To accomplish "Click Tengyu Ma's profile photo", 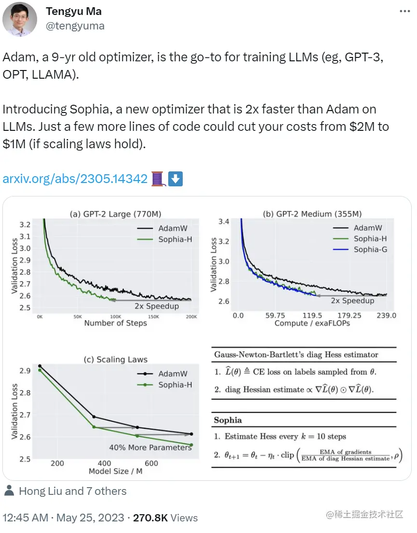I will [x=20, y=19].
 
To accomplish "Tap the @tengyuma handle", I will [x=75, y=26].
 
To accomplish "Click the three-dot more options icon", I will [x=405, y=11].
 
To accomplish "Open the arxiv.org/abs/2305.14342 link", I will [x=75, y=179].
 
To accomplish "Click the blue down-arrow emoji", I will [x=175, y=179].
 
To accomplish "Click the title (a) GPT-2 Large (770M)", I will [x=115, y=213].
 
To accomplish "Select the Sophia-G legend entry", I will [x=370, y=249].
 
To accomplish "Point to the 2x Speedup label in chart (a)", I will [x=157, y=306].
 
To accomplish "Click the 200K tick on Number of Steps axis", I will [x=191, y=317].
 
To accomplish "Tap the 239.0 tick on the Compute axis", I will [x=386, y=315].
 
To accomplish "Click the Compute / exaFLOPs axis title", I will [x=312, y=323].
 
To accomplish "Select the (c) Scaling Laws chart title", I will [x=115, y=359].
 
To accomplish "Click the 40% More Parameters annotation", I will [x=150, y=447].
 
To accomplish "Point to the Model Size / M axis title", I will [x=115, y=471].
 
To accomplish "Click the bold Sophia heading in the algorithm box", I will [x=228, y=420].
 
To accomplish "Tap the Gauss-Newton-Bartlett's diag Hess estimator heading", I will [x=296, y=355].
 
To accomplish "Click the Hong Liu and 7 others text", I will [x=72, y=491].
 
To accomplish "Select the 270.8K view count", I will [x=150, y=518].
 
